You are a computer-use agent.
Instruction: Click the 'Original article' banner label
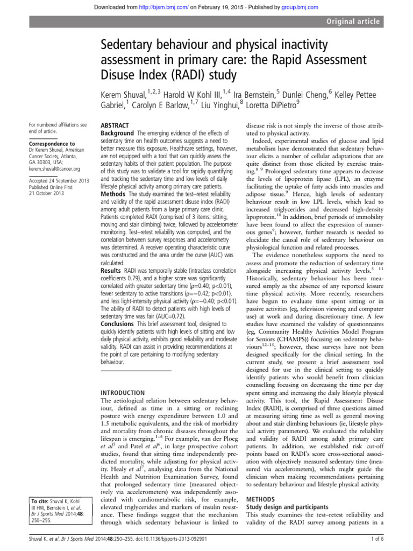click(355, 22)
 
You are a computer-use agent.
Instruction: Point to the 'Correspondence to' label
click(52, 144)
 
